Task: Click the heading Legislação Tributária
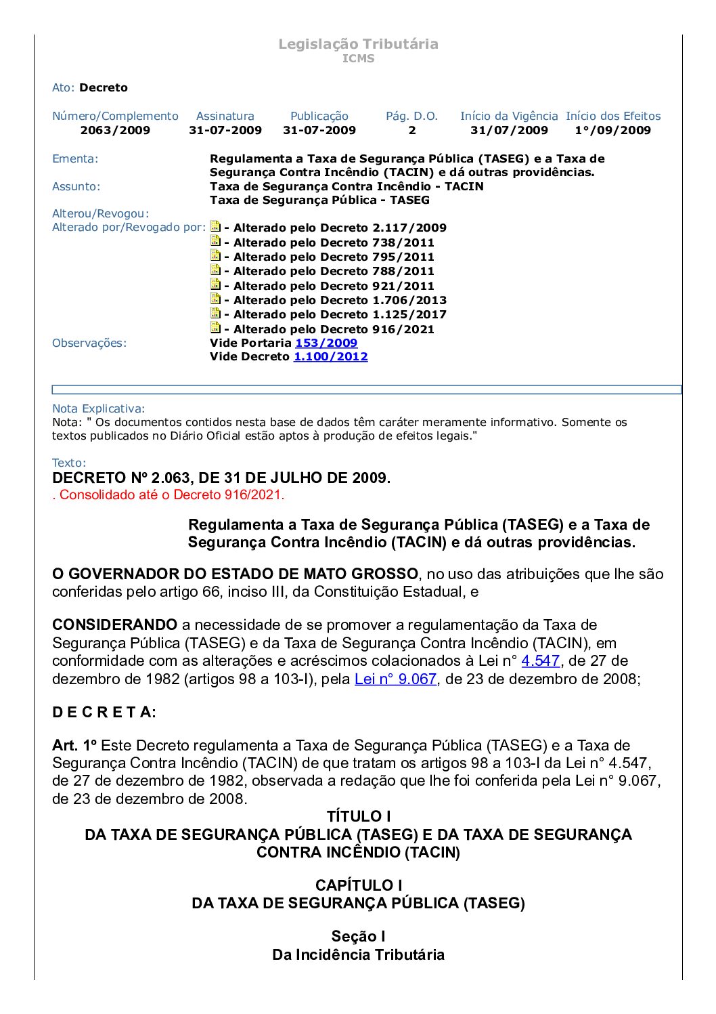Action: [x=358, y=44]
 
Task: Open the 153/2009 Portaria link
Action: [x=326, y=343]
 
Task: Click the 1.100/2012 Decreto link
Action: [x=330, y=356]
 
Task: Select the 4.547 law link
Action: [x=540, y=660]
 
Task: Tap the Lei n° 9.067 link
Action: [x=395, y=679]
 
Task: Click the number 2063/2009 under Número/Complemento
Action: [x=115, y=130]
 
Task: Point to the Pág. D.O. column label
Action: [x=411, y=116]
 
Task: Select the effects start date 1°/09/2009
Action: [x=612, y=130]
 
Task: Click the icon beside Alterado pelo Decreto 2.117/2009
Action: [x=215, y=226]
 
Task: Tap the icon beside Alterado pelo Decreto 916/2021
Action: [x=215, y=328]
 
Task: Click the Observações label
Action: [x=89, y=343]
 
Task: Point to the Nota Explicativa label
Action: [x=98, y=408]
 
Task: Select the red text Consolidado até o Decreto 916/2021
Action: [x=169, y=494]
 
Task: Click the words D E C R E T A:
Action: [x=104, y=712]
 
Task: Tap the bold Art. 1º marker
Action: [x=74, y=745]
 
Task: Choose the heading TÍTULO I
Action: [x=358, y=816]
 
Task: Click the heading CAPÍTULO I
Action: [x=358, y=885]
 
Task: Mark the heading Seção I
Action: [x=358, y=936]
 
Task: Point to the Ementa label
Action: [x=75, y=159]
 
